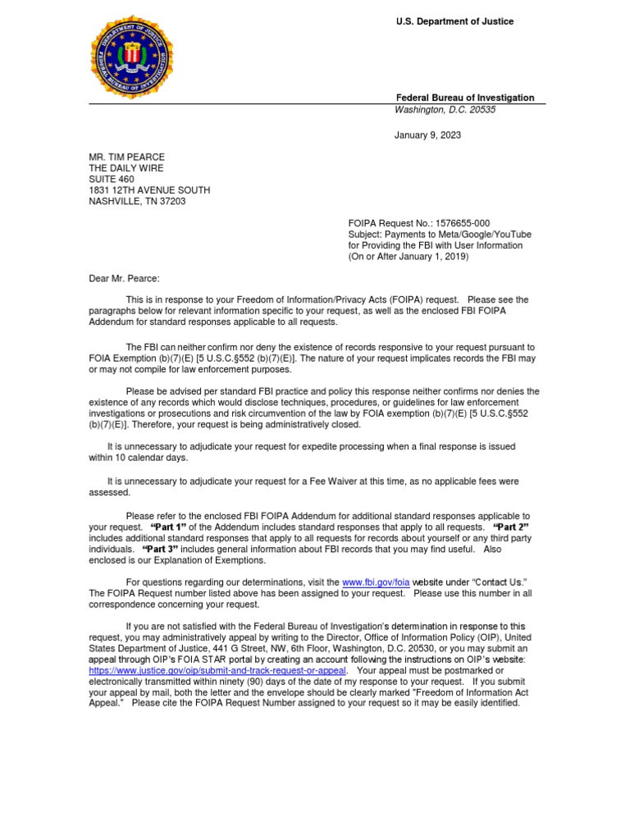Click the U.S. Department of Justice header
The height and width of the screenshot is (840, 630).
(x=454, y=21)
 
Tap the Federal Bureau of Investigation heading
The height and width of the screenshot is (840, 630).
(x=464, y=98)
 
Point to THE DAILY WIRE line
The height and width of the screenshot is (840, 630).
(x=126, y=168)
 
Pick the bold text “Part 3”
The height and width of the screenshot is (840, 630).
(x=160, y=549)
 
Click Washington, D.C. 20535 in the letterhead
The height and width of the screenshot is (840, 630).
(x=445, y=109)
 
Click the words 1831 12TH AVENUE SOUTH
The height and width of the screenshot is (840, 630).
(x=149, y=190)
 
